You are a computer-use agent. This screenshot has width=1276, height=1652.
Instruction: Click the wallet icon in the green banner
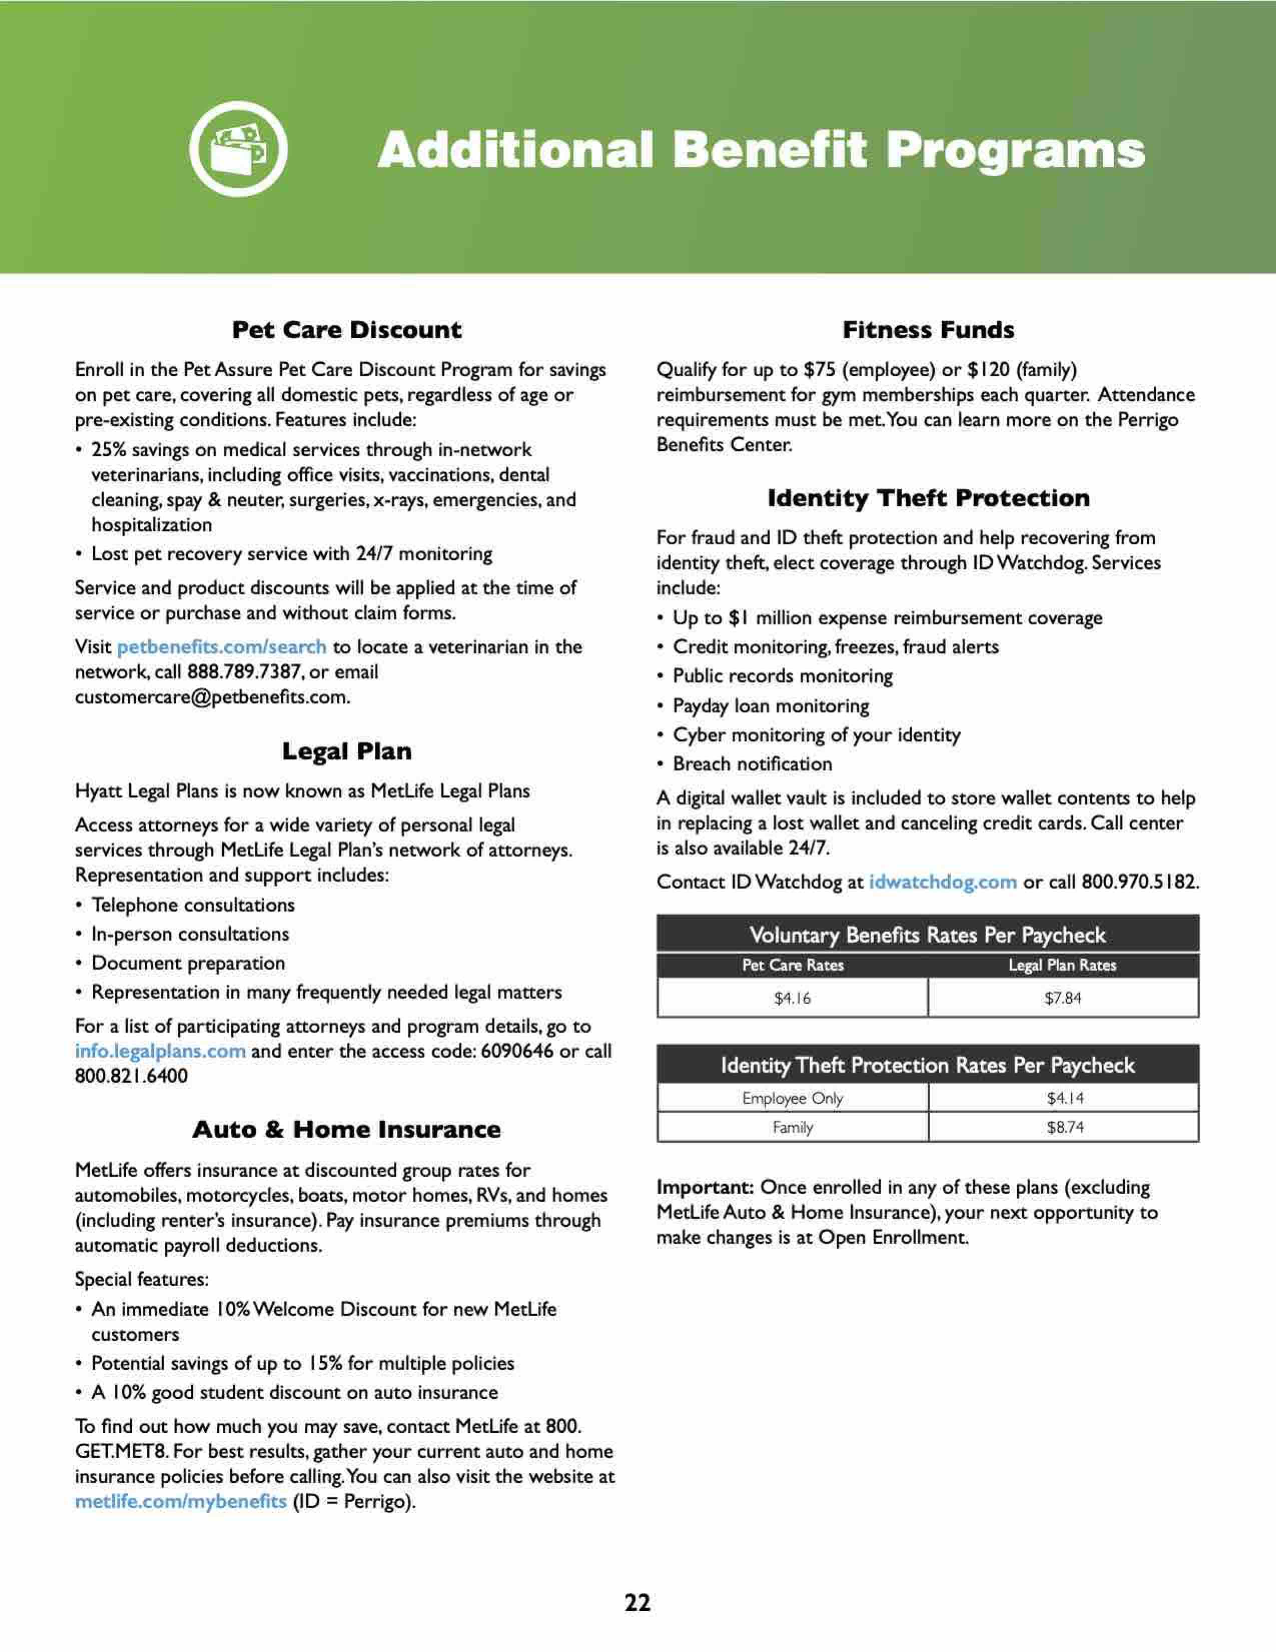(238, 149)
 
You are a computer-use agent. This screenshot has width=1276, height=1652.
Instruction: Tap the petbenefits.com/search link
(222, 647)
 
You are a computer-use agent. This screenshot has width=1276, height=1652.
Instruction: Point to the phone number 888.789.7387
(244, 672)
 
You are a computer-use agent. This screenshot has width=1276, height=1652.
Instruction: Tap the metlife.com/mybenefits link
(180, 1501)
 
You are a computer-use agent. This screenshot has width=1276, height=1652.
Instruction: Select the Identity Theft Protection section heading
(928, 498)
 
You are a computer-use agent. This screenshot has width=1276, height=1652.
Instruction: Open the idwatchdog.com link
(942, 882)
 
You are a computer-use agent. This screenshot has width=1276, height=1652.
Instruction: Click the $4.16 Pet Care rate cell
(792, 999)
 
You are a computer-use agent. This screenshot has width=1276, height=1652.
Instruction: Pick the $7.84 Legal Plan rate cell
(1063, 999)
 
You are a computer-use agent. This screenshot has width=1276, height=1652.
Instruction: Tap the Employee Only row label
(792, 1098)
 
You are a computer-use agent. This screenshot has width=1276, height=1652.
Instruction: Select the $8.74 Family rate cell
(1065, 1127)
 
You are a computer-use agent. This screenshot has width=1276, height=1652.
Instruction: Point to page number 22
(637, 1602)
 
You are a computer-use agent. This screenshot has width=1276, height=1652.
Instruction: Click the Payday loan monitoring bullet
(770, 706)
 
